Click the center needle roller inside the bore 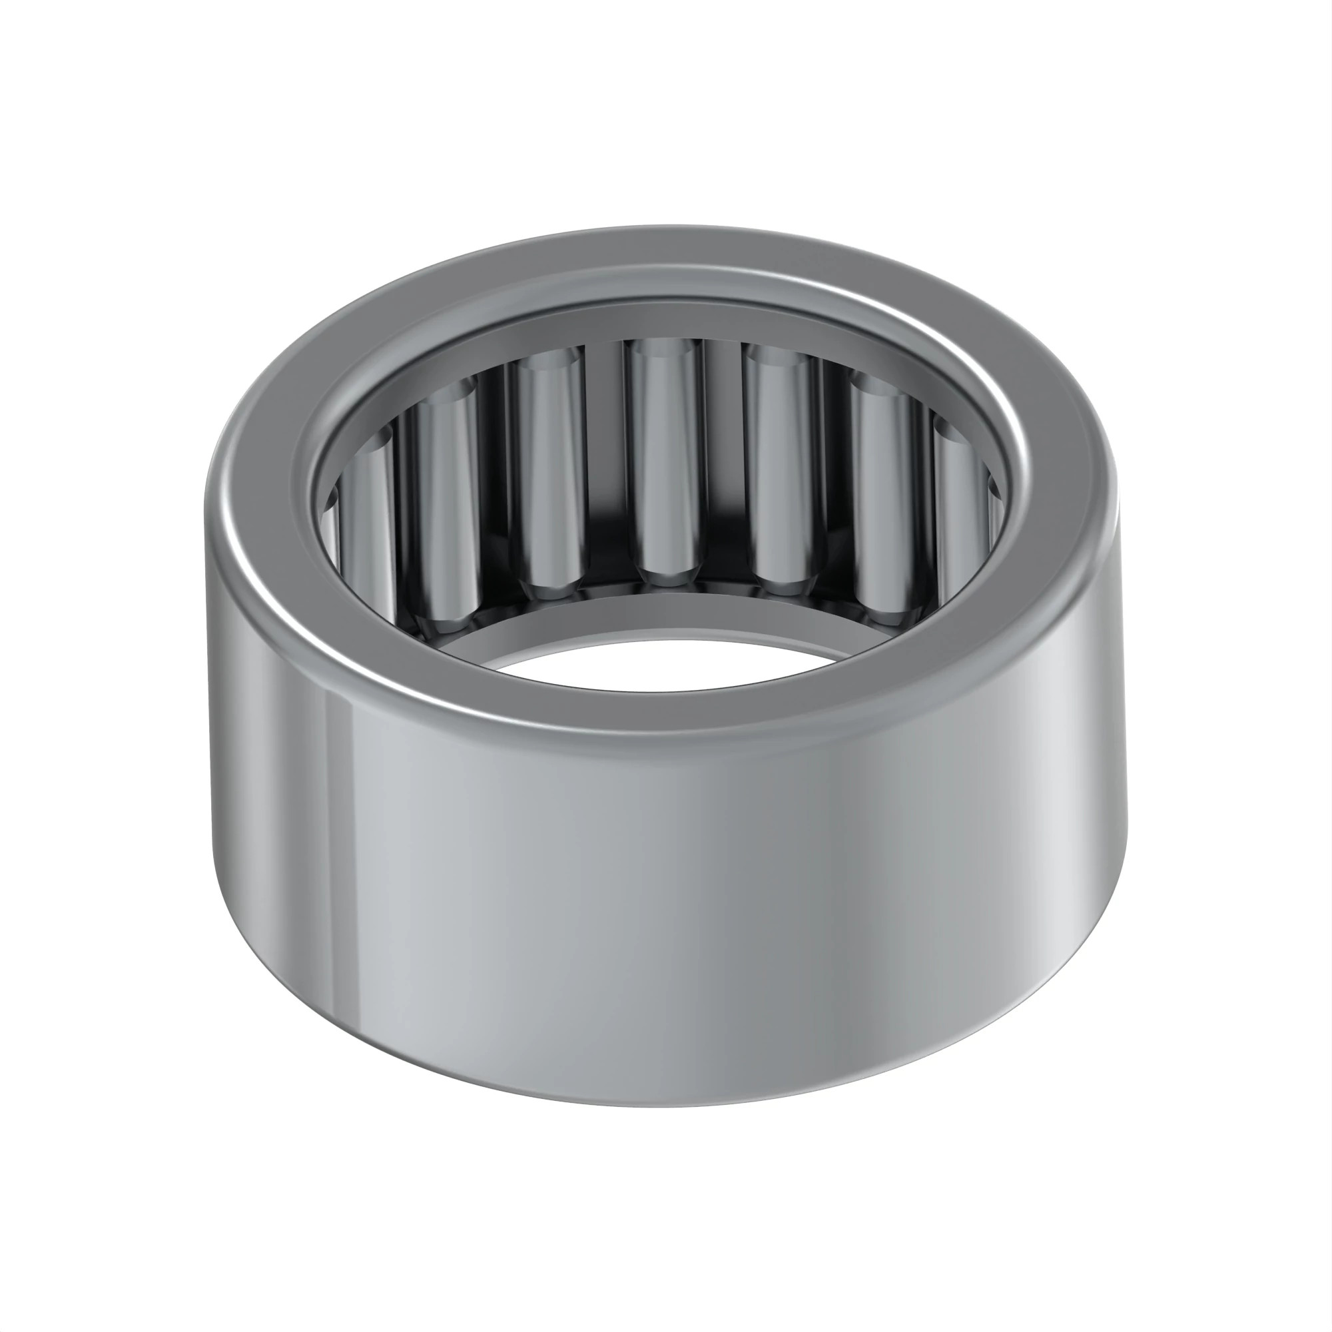click(x=664, y=462)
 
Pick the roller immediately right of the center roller click(x=780, y=469)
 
